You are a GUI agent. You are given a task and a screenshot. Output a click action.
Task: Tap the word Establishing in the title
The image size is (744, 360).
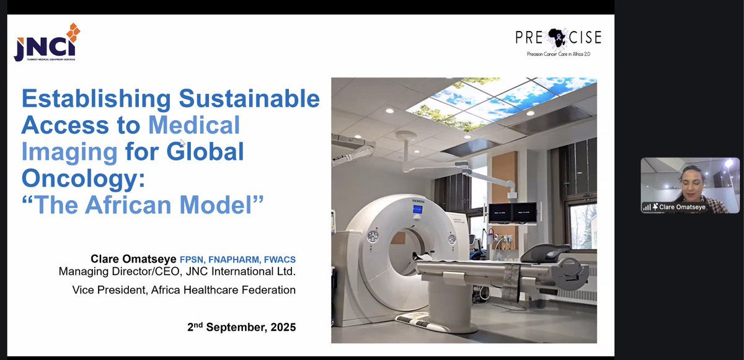[x=95, y=99]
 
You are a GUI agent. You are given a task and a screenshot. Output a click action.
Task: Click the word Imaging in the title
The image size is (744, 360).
[x=69, y=152]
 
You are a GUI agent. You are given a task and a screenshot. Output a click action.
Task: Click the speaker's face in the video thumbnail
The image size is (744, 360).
[x=690, y=178]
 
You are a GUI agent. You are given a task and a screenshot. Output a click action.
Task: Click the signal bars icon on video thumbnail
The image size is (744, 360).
[x=647, y=207]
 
